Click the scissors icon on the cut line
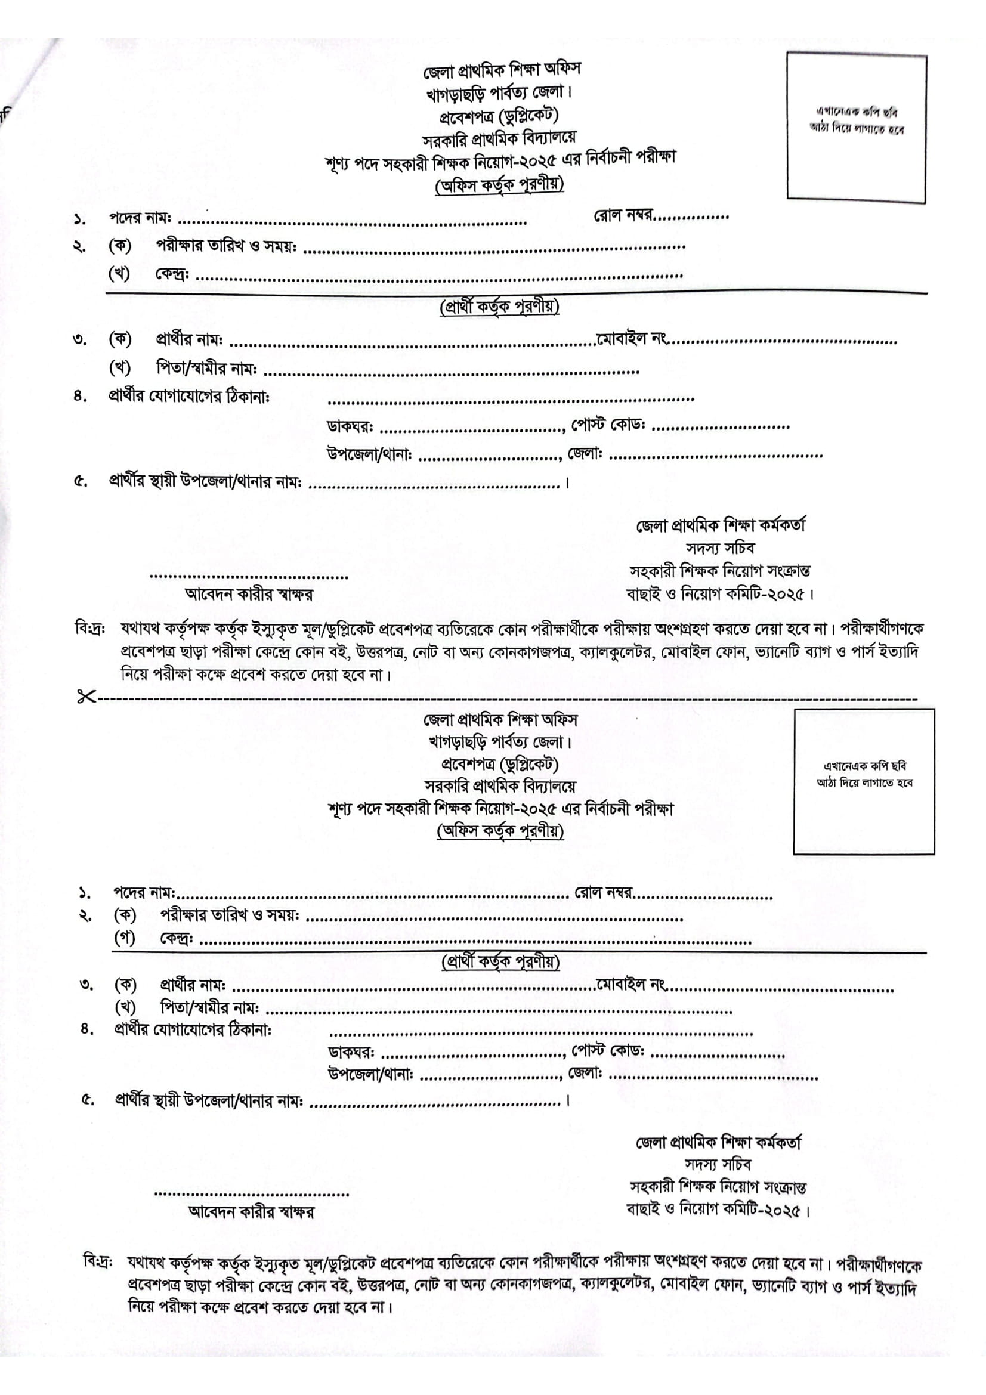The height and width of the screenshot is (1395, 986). click(86, 697)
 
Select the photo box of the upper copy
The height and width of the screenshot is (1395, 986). click(856, 126)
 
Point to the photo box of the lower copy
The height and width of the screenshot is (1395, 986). click(864, 782)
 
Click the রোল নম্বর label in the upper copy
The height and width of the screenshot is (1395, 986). click(623, 215)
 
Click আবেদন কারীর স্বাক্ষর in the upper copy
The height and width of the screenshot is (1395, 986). click(249, 594)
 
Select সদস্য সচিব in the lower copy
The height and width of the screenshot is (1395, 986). click(718, 1164)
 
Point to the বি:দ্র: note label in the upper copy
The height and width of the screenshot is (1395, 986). click(91, 628)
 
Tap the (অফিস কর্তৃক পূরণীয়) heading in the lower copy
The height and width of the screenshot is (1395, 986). click(500, 831)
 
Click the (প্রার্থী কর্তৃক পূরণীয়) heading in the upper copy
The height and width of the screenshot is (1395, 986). click(499, 307)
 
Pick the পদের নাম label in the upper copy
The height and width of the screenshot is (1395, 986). click(140, 218)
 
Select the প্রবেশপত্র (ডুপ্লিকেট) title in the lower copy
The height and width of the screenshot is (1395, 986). click(499, 764)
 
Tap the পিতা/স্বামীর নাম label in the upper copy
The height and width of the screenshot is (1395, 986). click(206, 368)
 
